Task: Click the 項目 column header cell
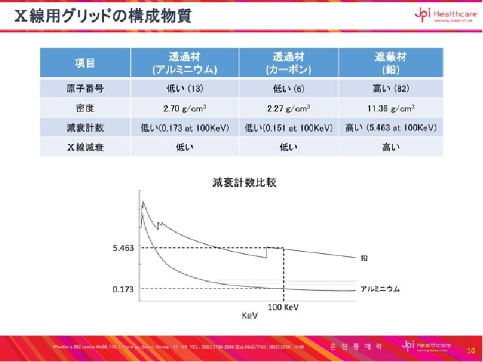85,62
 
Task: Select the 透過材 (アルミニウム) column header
184,62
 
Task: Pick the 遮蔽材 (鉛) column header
390,62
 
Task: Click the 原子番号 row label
85,88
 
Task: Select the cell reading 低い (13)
184,88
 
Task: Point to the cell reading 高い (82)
390,88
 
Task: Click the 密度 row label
85,108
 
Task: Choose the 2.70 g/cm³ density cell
184,108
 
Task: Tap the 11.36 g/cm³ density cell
390,108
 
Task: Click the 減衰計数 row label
85,127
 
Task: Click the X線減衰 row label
85,146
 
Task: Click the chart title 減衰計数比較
244,182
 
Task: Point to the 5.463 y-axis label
123,248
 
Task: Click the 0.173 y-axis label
123,288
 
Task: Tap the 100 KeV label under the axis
284,307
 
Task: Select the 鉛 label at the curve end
364,258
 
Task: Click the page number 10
471,351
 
